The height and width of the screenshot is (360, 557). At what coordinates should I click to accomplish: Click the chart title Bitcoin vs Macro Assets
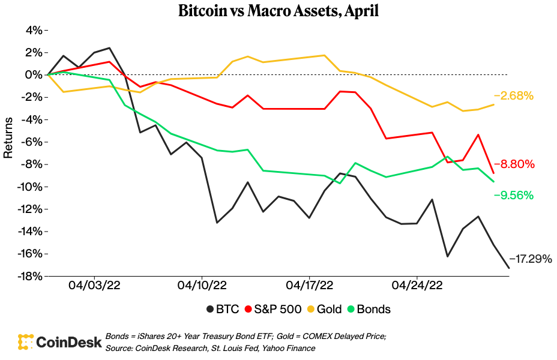click(x=278, y=11)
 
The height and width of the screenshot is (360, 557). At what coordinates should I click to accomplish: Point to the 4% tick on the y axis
click(x=34, y=30)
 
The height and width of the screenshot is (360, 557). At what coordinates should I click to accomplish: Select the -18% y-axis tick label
click(x=29, y=276)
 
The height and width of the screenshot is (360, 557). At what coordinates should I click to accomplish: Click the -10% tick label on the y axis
click(x=29, y=187)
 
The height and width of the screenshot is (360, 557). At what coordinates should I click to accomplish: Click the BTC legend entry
click(x=223, y=310)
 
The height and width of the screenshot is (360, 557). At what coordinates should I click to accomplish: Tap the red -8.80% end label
click(x=514, y=164)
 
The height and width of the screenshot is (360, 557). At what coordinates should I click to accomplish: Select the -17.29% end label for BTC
click(x=531, y=259)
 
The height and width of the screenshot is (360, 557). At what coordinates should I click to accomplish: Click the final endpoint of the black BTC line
click(x=508, y=268)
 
